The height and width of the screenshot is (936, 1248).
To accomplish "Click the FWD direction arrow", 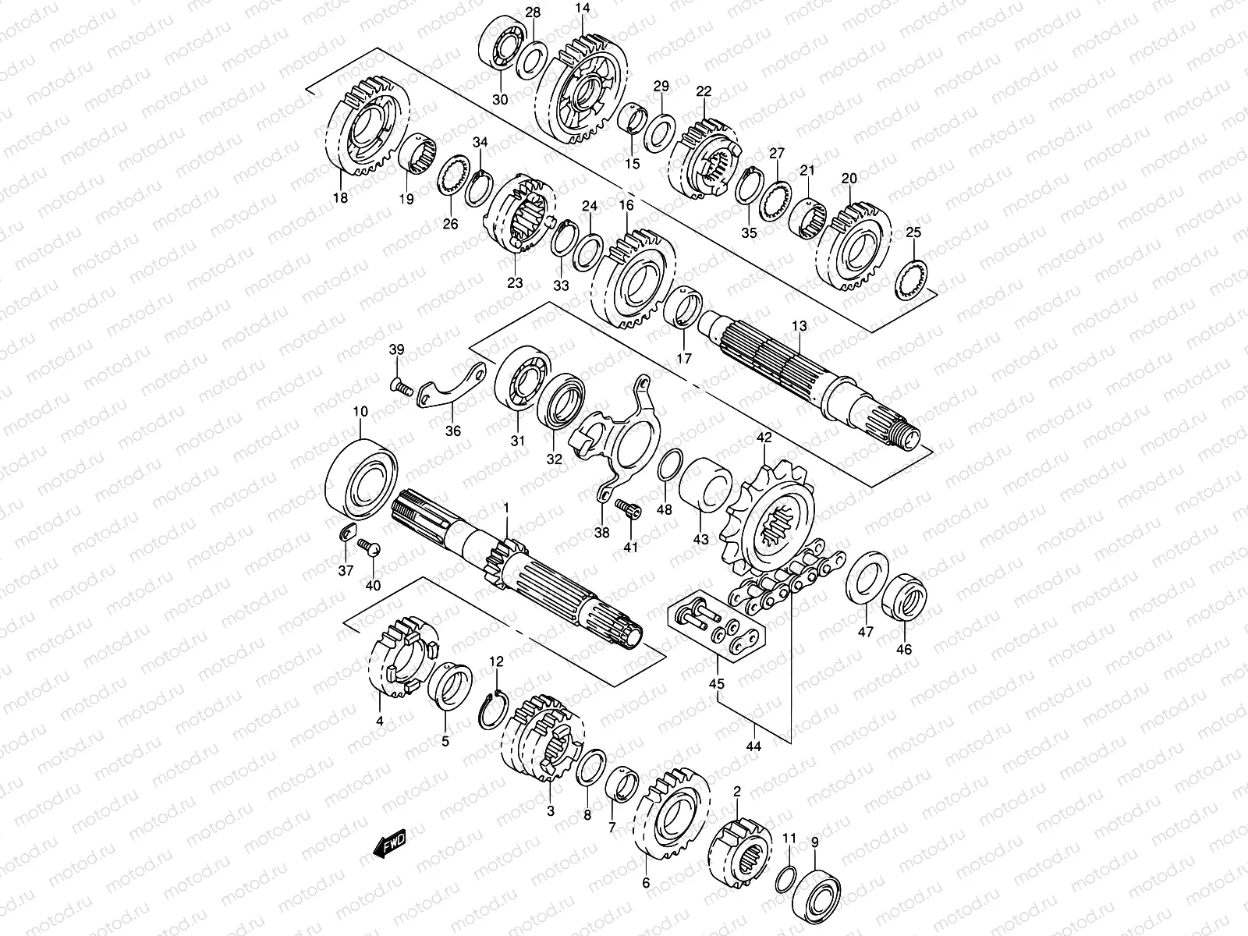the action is point(389,843).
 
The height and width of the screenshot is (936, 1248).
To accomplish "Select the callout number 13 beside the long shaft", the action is point(799,326).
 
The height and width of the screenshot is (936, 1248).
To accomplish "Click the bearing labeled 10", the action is point(361,478).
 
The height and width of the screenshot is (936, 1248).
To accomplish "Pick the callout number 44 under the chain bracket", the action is point(753,746).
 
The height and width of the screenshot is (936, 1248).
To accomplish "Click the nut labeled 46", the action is point(904,597).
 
